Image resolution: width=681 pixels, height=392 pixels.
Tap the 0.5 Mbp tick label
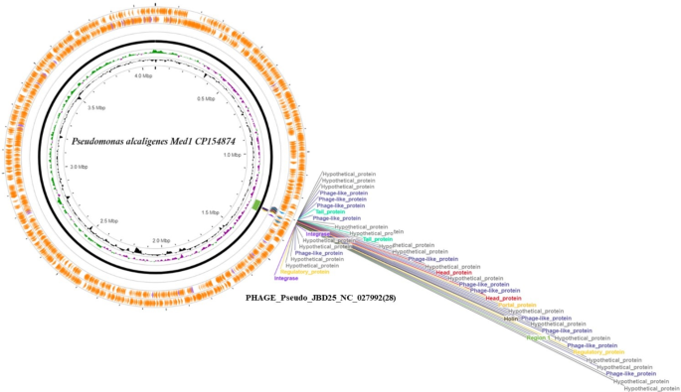(x=206, y=98)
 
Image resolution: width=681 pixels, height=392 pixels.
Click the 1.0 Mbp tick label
(x=233, y=156)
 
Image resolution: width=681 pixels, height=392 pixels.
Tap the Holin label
(x=512, y=318)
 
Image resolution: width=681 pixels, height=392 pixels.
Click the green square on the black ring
(x=257, y=204)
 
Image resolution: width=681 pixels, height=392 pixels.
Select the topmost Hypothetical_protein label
(x=349, y=173)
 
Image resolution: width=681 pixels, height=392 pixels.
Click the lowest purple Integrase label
(x=285, y=278)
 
